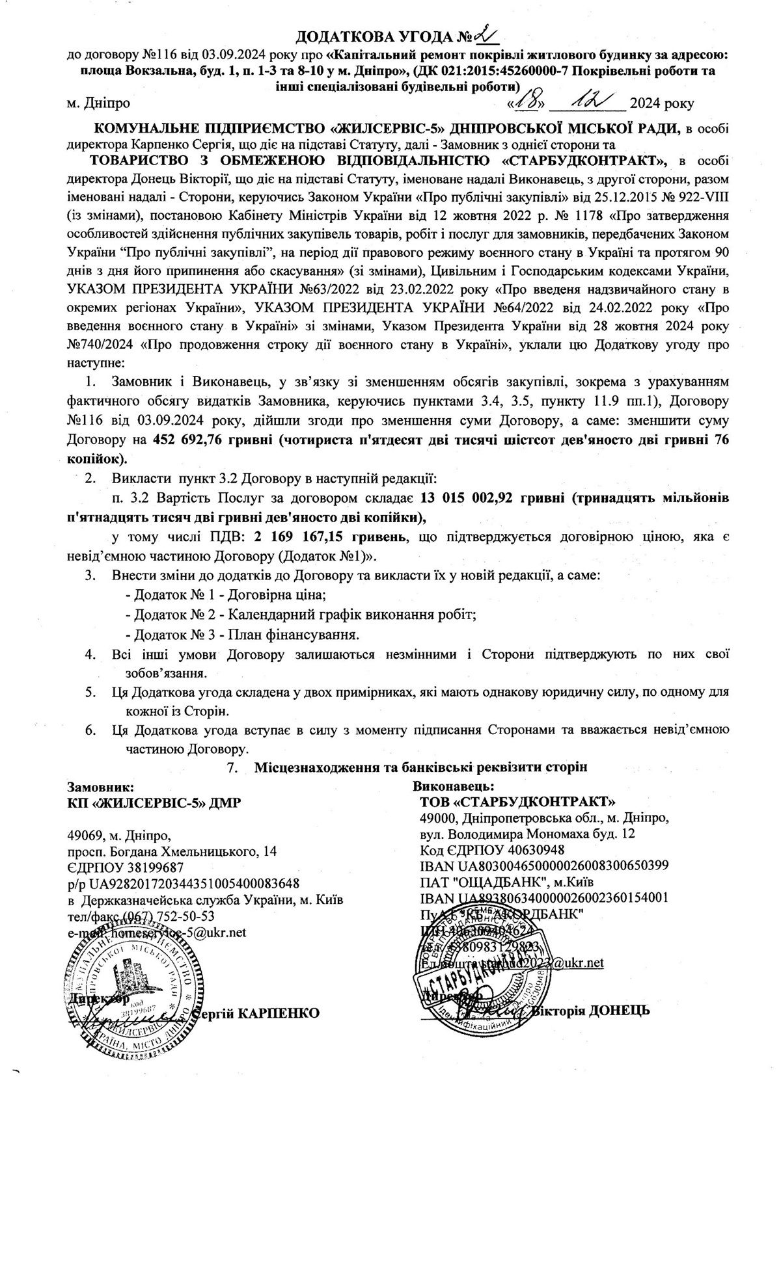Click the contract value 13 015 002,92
point(467,498)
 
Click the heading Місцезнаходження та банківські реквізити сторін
point(420,767)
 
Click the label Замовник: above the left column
point(101,786)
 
